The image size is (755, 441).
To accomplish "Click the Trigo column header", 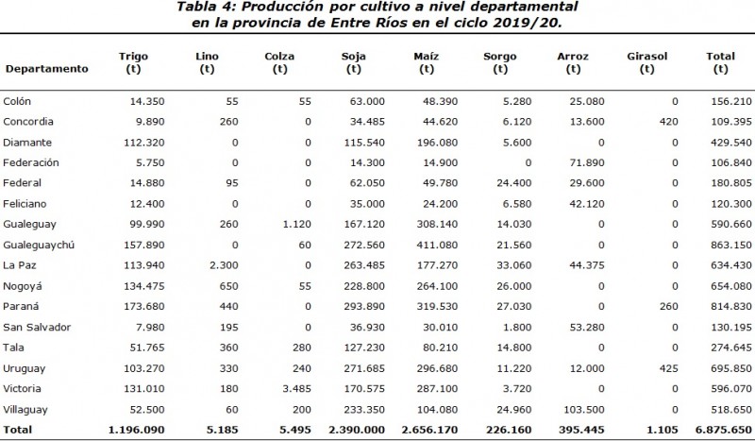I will coord(133,62).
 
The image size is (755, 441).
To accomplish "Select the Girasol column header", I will coord(646,62).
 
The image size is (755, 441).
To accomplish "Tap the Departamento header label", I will coord(47,69).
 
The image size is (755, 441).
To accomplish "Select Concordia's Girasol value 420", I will coord(668,121).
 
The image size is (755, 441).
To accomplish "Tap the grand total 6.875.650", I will coord(723,429).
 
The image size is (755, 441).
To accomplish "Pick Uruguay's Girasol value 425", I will coord(668,366).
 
